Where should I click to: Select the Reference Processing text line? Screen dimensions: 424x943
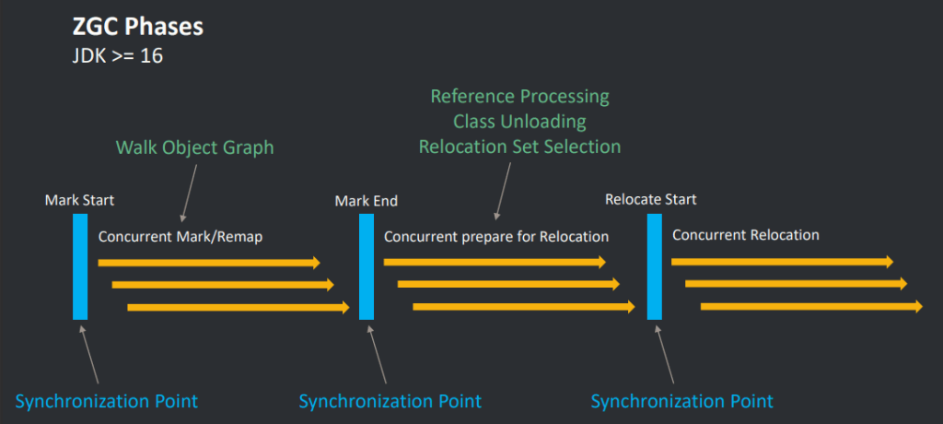pyautogui.click(x=519, y=97)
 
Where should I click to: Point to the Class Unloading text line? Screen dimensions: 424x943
pyautogui.click(x=519, y=122)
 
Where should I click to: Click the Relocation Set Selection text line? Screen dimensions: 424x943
pyautogui.click(x=519, y=147)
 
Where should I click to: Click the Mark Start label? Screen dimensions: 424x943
pyautogui.click(x=79, y=199)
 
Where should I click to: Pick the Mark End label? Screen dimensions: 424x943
pyautogui.click(x=366, y=200)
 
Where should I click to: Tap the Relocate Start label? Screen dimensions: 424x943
pyautogui.click(x=650, y=199)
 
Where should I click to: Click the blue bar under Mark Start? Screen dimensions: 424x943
pyautogui.click(x=80, y=266)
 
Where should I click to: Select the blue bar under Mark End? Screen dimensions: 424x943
pyautogui.click(x=367, y=266)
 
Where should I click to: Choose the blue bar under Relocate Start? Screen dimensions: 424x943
pyautogui.click(x=654, y=266)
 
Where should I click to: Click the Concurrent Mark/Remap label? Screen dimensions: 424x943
pyautogui.click(x=180, y=237)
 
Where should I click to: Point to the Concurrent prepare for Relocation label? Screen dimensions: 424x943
pyautogui.click(x=496, y=237)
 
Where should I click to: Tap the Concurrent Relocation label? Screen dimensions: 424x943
pyautogui.click(x=745, y=235)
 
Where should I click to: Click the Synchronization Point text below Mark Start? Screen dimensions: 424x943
pyautogui.click(x=106, y=401)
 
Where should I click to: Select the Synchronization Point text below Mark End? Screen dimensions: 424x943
pyautogui.click(x=390, y=401)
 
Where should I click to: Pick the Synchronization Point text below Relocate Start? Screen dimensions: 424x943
pyautogui.click(x=681, y=401)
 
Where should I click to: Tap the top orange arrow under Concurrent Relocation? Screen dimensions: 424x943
pyautogui.click(x=782, y=262)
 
